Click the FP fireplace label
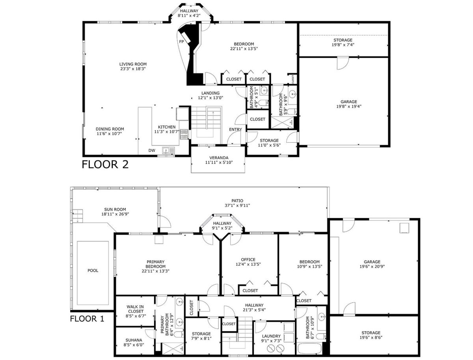[181, 41]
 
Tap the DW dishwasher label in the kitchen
[152, 150]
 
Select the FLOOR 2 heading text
[105, 164]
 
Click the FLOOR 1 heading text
[87, 318]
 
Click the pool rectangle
[93, 270]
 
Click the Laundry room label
[271, 336]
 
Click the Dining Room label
[110, 129]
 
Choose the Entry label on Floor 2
[236, 129]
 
